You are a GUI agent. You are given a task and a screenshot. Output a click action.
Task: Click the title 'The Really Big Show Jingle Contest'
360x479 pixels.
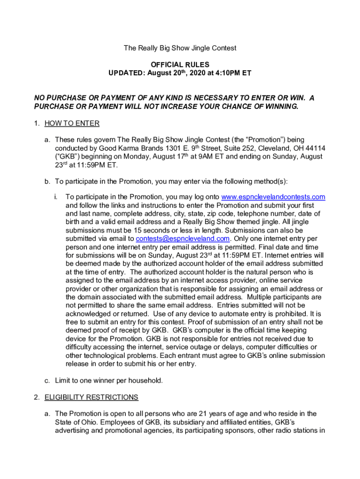point(180,48)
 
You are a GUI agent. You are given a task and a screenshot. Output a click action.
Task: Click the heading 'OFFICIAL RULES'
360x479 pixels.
point(180,65)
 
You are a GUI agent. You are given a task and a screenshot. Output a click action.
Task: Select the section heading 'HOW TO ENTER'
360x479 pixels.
point(72,123)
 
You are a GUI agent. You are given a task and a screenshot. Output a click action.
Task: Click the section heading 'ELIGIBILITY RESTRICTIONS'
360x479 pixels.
point(91,397)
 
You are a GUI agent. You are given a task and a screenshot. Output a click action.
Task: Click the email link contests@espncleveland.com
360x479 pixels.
point(182,239)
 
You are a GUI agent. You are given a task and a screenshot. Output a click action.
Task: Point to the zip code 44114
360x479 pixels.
point(316,148)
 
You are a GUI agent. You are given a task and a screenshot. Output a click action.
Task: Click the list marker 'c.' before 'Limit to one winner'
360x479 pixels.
point(47,380)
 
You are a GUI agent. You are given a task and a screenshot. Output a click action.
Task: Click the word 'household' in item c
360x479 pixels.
point(145,380)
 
